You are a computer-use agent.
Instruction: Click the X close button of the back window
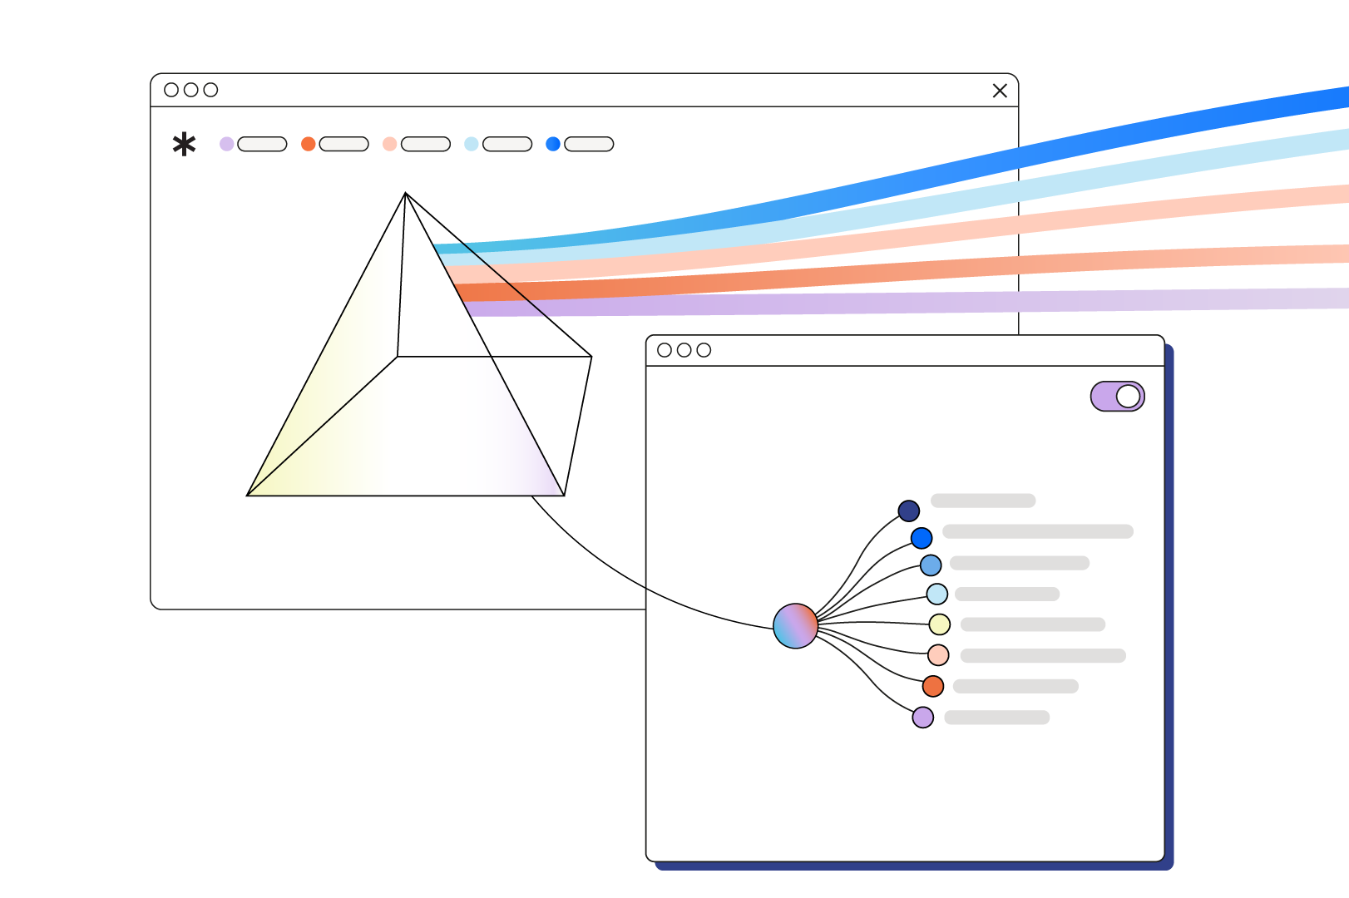point(1000,91)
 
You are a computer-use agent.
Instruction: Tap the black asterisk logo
point(184,145)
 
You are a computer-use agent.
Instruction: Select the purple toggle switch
point(1117,397)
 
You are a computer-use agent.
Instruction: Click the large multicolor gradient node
point(795,626)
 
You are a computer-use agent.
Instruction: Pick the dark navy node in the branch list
point(908,511)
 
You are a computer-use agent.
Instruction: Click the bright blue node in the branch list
point(921,538)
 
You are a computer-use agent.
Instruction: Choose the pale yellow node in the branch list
point(939,624)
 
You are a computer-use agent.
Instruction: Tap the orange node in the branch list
point(932,686)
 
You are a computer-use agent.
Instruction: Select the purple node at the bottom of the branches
point(922,717)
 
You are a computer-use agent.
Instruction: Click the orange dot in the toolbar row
point(308,144)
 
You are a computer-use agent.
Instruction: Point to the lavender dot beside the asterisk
point(226,144)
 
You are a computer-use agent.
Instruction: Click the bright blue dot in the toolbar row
point(552,144)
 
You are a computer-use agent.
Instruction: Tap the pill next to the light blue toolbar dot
point(506,144)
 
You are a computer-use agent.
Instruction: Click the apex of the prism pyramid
point(405,194)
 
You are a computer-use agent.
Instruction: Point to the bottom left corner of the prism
point(248,495)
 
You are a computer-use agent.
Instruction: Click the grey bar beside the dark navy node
point(982,501)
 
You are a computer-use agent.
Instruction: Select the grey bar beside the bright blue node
point(1037,531)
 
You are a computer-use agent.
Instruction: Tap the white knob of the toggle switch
point(1128,397)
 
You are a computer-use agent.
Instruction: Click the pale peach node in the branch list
point(937,654)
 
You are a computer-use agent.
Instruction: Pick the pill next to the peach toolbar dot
point(425,144)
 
